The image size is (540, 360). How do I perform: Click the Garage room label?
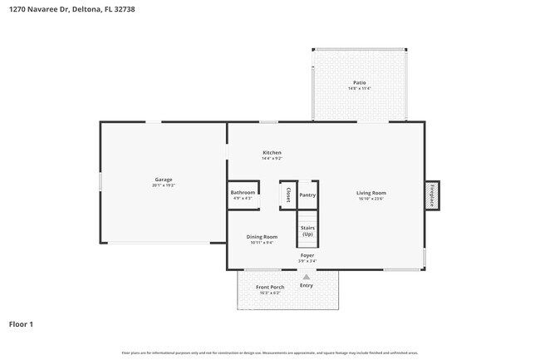click(x=163, y=180)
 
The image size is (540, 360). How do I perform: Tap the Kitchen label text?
click(x=272, y=153)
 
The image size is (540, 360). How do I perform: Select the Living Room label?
click(x=371, y=193)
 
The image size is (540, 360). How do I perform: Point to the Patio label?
click(x=359, y=82)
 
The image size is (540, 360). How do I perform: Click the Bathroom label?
click(x=243, y=193)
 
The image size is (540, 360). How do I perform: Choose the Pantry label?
click(x=307, y=195)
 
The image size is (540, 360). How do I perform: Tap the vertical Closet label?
click(x=288, y=195)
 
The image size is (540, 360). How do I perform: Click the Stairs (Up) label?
click(x=307, y=230)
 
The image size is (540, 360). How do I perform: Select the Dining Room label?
click(x=262, y=237)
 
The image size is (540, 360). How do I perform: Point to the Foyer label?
click(x=307, y=255)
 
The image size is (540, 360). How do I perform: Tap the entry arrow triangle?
click(x=307, y=277)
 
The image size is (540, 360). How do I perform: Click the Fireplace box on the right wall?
click(x=432, y=195)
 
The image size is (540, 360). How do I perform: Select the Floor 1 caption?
click(x=22, y=324)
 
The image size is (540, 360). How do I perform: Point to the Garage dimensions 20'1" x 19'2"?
click(x=163, y=185)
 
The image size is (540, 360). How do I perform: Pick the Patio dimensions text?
click(x=359, y=88)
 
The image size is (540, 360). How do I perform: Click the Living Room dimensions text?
click(x=371, y=199)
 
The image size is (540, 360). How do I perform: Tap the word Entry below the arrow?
click(x=307, y=285)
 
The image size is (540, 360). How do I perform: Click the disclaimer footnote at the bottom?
click(x=270, y=353)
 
